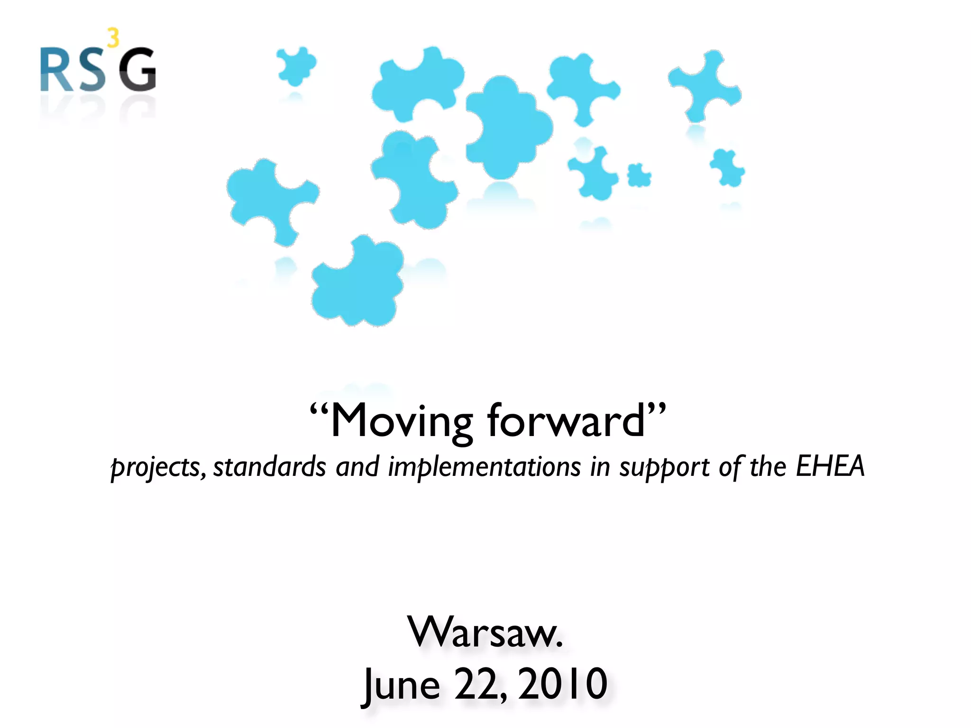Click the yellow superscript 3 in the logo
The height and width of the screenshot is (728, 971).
pyautogui.click(x=113, y=38)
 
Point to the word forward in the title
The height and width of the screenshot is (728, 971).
pyautogui.click(x=567, y=421)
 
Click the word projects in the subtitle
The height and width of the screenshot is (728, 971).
pyautogui.click(x=157, y=467)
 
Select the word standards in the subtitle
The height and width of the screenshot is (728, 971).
pyautogui.click(x=270, y=467)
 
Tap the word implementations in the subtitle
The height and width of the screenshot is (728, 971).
pyautogui.click(x=484, y=467)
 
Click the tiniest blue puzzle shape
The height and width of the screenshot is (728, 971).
pyautogui.click(x=639, y=175)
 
